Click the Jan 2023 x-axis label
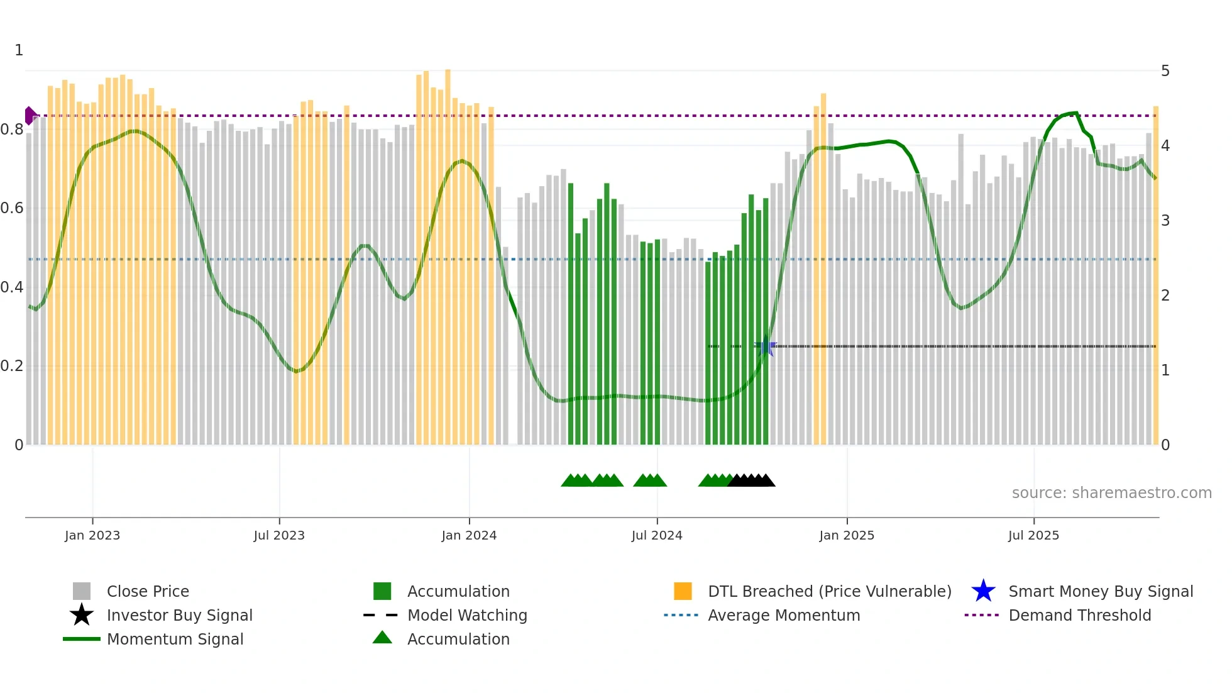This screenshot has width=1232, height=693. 92,535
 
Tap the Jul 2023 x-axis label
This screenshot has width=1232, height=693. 279,535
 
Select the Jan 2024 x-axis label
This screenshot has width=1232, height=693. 469,535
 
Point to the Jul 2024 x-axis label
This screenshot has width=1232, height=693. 657,535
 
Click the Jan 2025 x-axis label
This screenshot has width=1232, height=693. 847,535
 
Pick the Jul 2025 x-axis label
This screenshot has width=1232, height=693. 1033,535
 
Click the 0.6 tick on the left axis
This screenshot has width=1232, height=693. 12,208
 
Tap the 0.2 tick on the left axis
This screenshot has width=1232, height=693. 12,366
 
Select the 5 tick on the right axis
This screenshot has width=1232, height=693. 1165,71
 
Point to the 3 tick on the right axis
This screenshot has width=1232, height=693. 1165,221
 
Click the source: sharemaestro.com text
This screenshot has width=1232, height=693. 1111,493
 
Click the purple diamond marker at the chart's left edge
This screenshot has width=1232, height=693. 30,116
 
